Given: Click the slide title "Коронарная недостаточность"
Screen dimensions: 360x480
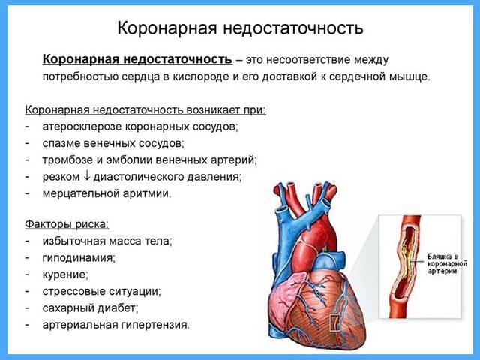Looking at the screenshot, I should pos(240,28).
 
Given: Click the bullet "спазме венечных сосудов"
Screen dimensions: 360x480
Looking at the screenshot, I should pos(113,143).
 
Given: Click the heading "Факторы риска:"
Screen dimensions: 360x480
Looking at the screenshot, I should pos(67,224).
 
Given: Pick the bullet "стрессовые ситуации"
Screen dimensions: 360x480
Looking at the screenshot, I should pos(102,291).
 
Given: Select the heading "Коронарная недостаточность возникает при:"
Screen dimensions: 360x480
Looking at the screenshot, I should pos(145,109).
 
